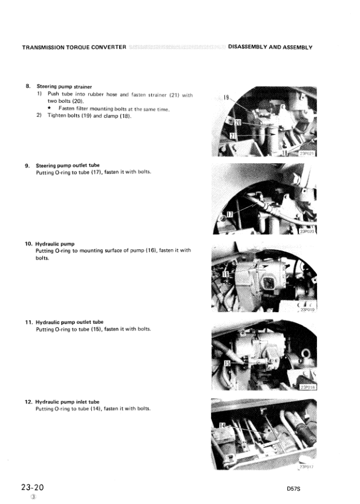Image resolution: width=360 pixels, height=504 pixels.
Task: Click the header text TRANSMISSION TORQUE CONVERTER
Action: tap(73, 47)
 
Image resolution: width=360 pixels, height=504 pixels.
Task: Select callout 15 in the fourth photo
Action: tap(227, 364)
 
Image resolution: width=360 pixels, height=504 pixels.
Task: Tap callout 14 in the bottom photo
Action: tap(222, 426)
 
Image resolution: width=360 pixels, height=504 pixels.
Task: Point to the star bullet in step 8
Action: tap(50, 109)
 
